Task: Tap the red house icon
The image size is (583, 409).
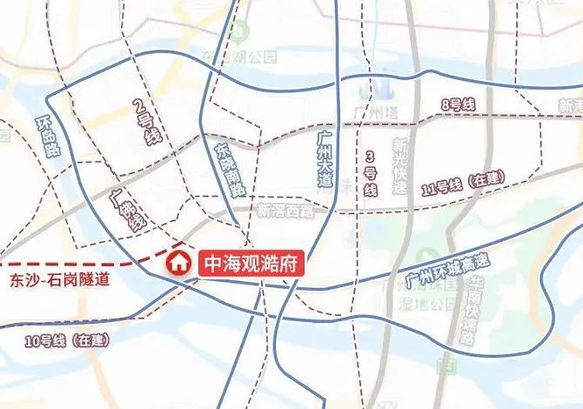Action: pos(178,263)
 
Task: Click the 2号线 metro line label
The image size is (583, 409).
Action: pos(143,124)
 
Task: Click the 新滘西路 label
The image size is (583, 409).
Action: pos(285,210)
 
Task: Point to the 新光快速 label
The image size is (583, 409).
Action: pos(399,165)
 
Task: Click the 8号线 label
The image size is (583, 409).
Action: pos(458,105)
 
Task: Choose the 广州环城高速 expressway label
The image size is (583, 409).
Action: pos(448,270)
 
